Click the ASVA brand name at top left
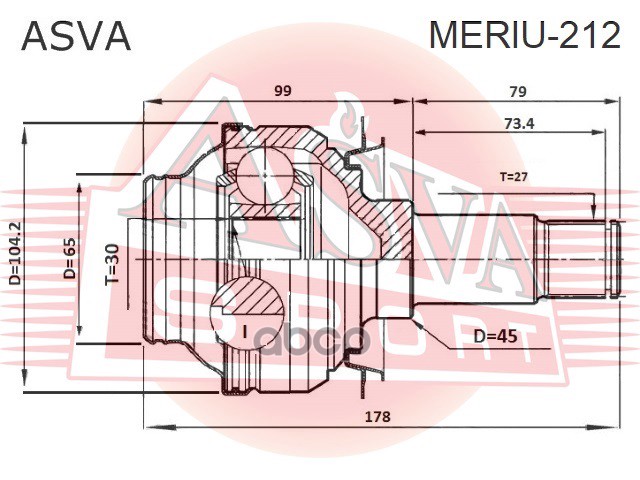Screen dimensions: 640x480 tap(76, 36)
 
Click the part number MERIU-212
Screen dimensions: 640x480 tap(524, 36)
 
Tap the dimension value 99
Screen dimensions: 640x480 tap(283, 91)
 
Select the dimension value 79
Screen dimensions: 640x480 tap(518, 91)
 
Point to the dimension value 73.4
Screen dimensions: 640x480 tap(519, 123)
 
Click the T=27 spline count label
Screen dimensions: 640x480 tap(514, 177)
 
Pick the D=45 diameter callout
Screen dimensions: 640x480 tap(496, 337)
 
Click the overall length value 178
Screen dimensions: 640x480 tap(378, 416)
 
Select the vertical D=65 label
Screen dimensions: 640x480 tap(70, 259)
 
